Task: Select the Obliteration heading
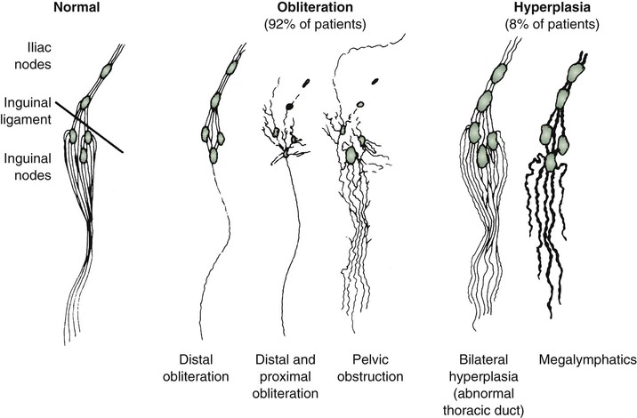[x=315, y=7]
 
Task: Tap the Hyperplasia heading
[x=552, y=7]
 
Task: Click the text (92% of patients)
[x=315, y=24]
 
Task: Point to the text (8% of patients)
[x=552, y=24]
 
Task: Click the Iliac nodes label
[x=33, y=56]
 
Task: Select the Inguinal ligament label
[x=28, y=111]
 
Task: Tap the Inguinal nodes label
[x=28, y=167]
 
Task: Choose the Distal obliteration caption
[x=196, y=368]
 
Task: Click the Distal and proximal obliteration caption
[x=286, y=376]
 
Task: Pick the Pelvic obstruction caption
[x=370, y=368]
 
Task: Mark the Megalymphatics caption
[x=587, y=360]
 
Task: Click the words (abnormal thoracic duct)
[x=483, y=402]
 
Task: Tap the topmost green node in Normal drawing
[x=106, y=70]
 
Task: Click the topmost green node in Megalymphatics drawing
[x=575, y=72]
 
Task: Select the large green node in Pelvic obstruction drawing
[x=351, y=155]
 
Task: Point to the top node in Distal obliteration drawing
[x=232, y=67]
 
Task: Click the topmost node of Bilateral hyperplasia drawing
[x=498, y=74]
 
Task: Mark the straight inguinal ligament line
[x=89, y=127]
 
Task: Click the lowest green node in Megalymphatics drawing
[x=551, y=162]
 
